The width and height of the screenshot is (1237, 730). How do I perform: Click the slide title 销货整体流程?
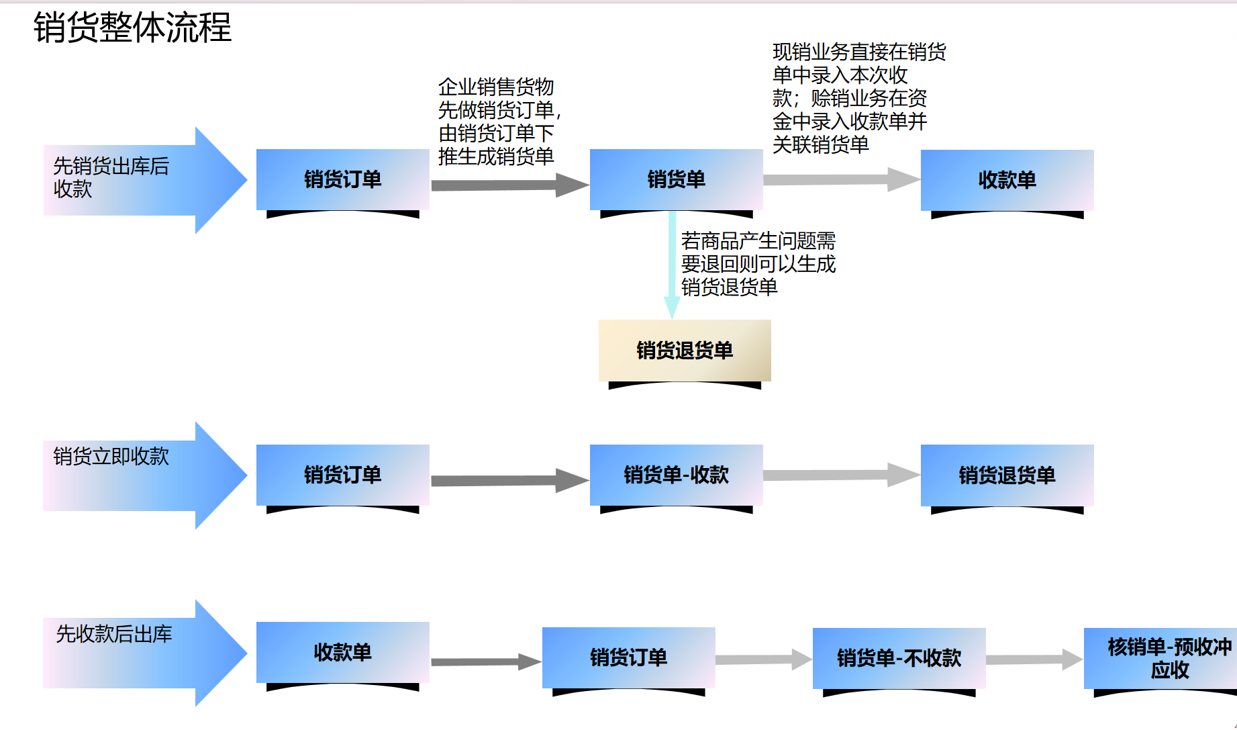tap(132, 28)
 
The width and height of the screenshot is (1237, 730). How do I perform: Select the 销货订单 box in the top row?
tap(342, 180)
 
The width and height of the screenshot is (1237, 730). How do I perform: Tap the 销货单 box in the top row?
tap(676, 180)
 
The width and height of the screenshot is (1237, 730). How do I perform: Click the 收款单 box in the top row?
tap(1007, 180)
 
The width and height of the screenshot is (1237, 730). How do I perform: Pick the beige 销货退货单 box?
tap(685, 351)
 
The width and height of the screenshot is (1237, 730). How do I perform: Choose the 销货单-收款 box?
tap(676, 475)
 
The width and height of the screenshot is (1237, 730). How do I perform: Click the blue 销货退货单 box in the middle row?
tap(1007, 475)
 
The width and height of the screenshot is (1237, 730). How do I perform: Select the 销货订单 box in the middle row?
tap(342, 475)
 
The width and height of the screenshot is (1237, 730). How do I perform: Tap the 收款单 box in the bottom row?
tap(342, 653)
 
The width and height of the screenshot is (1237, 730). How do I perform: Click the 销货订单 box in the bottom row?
tap(628, 657)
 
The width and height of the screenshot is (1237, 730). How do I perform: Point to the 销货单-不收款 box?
tap(899, 658)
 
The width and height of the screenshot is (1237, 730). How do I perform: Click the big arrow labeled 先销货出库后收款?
tap(144, 180)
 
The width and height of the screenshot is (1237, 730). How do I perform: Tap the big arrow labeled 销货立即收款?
tap(144, 475)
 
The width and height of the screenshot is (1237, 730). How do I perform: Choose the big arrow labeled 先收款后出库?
tap(144, 653)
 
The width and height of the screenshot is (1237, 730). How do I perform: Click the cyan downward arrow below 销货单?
tap(672, 265)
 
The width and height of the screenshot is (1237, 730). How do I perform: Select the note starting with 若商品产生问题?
tap(758, 264)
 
